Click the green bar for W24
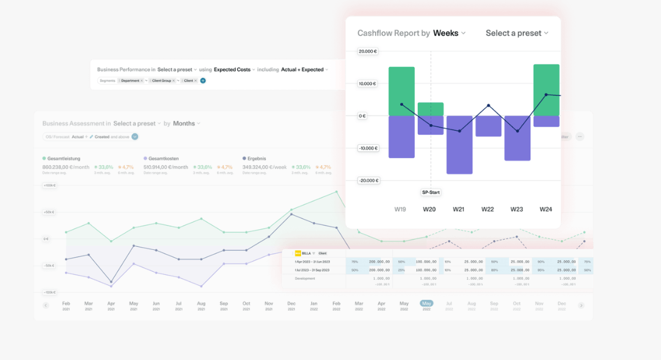pos(546,89)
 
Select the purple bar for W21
pos(459,145)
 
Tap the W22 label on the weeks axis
pos(488,209)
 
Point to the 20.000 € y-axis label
pos(368,52)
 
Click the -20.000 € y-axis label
pos(368,181)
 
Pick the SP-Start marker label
pos(431,193)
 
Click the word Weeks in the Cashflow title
pos(446,33)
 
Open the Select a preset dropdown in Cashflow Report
pos(516,33)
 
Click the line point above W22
pos(488,106)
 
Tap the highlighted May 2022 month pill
pos(426,303)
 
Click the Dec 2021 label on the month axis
pos(291,305)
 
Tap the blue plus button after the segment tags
pos(203,80)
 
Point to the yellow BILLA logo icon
pos(298,253)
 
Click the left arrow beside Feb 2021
pos(46,305)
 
